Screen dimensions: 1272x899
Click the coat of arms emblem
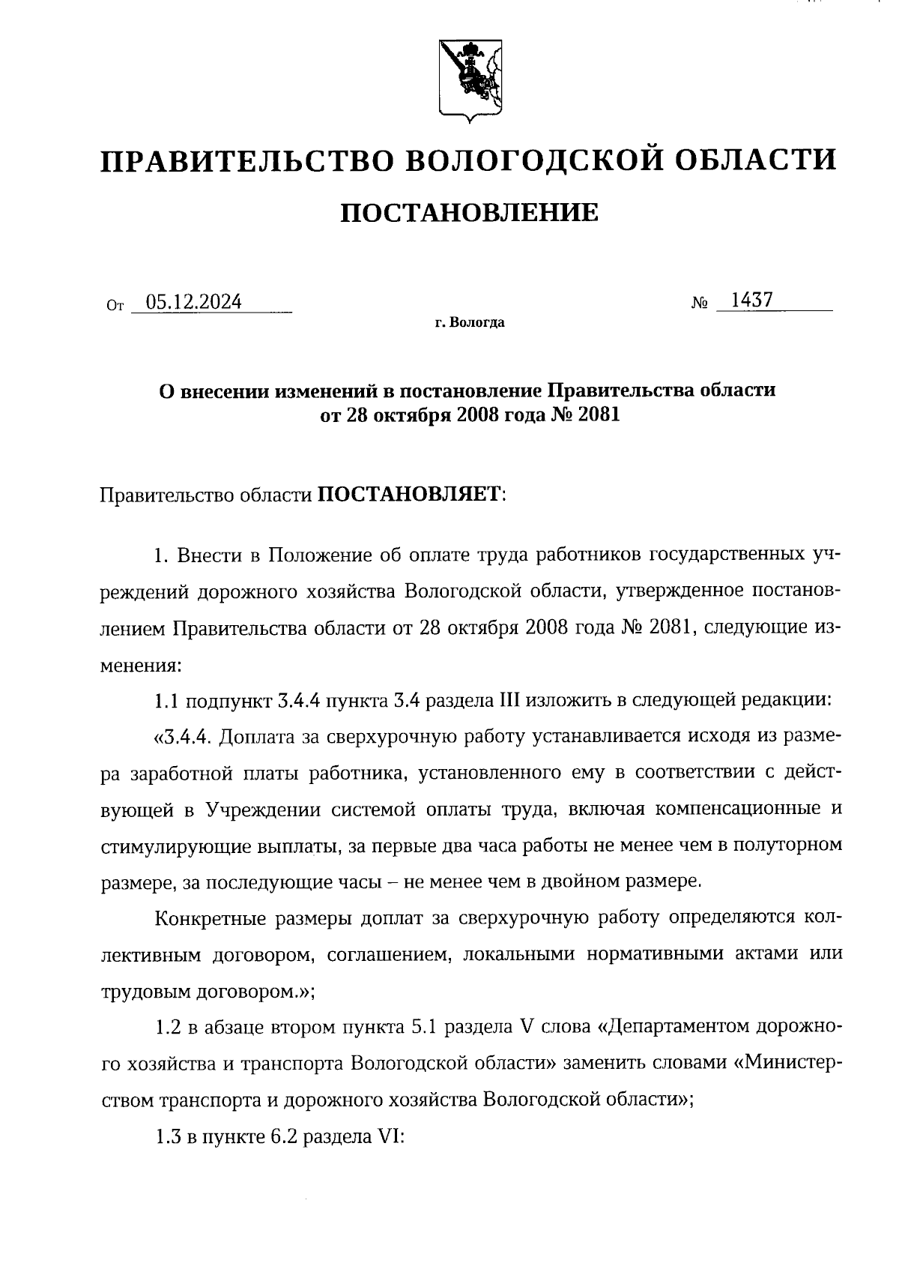tap(469, 82)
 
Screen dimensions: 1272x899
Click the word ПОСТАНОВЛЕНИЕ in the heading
tap(469, 213)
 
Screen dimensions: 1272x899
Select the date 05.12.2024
tap(194, 302)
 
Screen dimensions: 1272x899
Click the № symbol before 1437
tap(700, 304)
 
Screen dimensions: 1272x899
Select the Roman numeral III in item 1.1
tap(509, 701)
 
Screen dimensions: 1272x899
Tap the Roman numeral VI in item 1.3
tap(393, 1136)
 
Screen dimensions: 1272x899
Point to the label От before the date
tap(114, 306)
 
